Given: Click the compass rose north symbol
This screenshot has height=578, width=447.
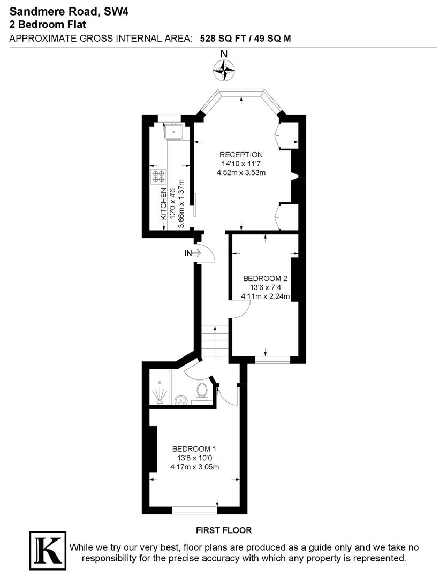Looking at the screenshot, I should pyautogui.click(x=224, y=68).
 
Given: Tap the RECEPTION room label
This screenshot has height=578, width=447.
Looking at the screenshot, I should pyautogui.click(x=241, y=155).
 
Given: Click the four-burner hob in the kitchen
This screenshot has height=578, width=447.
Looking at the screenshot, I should pyautogui.click(x=159, y=177).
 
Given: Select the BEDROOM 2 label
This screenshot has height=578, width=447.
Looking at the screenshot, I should pyautogui.click(x=266, y=278).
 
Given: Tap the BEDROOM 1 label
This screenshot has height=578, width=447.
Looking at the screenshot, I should pyautogui.click(x=194, y=448).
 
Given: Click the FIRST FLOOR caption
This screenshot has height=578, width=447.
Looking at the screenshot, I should pyautogui.click(x=224, y=530).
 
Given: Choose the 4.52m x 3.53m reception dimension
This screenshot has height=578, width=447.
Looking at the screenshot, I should pyautogui.click(x=241, y=172).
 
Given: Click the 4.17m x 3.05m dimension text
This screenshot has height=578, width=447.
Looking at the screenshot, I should pyautogui.click(x=195, y=467).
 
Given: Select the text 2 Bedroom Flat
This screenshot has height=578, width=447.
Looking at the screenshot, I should pyautogui.click(x=48, y=24).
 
